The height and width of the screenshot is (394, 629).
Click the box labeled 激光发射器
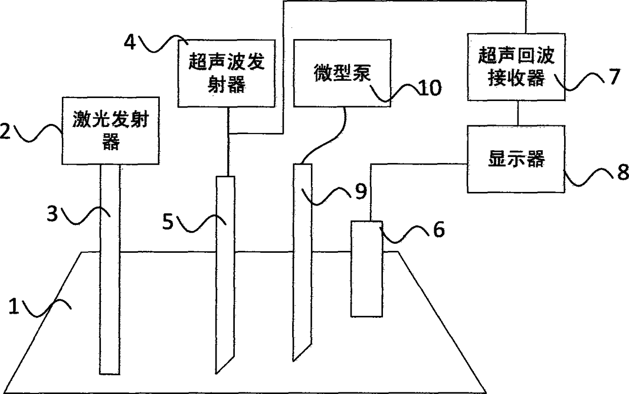[x=110, y=130]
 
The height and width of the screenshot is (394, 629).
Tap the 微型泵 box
[x=343, y=75]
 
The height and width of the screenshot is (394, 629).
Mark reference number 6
[x=438, y=230]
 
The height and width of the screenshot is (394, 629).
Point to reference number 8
[x=621, y=172]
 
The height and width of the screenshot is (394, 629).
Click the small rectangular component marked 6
[x=367, y=268]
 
